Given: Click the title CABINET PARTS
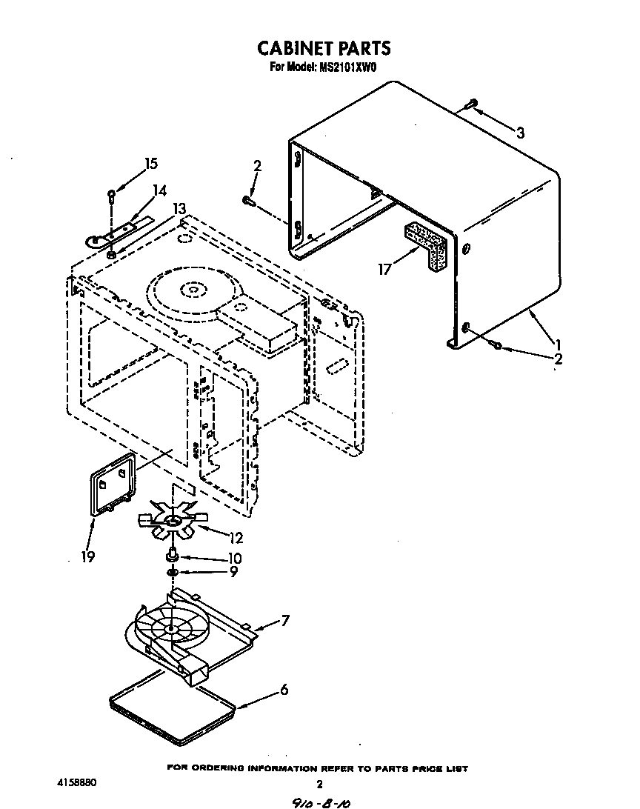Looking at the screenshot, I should pyautogui.click(x=324, y=49).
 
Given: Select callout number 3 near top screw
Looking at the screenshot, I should pyautogui.click(x=520, y=133).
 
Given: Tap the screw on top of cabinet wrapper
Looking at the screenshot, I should pyautogui.click(x=471, y=105).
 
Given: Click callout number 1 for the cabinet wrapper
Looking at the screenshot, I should pyautogui.click(x=557, y=344).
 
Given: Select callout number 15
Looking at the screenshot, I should pyautogui.click(x=151, y=164).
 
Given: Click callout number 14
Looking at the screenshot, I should pyautogui.click(x=159, y=190).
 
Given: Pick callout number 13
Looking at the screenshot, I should pyautogui.click(x=179, y=210).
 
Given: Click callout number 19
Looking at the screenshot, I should pyautogui.click(x=88, y=556).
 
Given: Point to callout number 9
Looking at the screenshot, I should pyautogui.click(x=234, y=572).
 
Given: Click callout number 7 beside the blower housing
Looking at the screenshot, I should pyautogui.click(x=284, y=621).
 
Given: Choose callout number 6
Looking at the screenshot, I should pyautogui.click(x=284, y=690).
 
